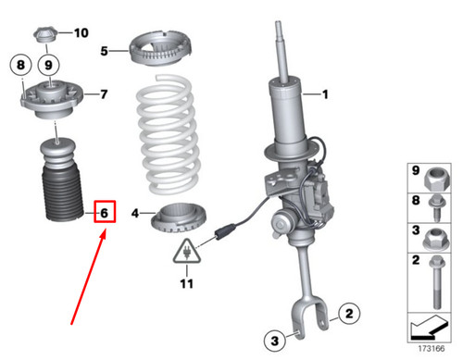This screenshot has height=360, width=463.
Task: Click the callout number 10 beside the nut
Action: pyautogui.click(x=81, y=33)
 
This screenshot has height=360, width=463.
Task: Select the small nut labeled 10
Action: pyautogui.click(x=45, y=36)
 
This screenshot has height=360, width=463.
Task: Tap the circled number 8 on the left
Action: pyautogui.click(x=19, y=66)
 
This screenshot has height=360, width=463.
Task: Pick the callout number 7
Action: pyautogui.click(x=104, y=93)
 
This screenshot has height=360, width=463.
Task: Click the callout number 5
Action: pyautogui.click(x=106, y=50)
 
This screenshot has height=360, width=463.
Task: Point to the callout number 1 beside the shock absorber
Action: pyautogui.click(x=325, y=94)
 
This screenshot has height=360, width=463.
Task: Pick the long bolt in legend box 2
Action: pyautogui.click(x=436, y=286)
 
